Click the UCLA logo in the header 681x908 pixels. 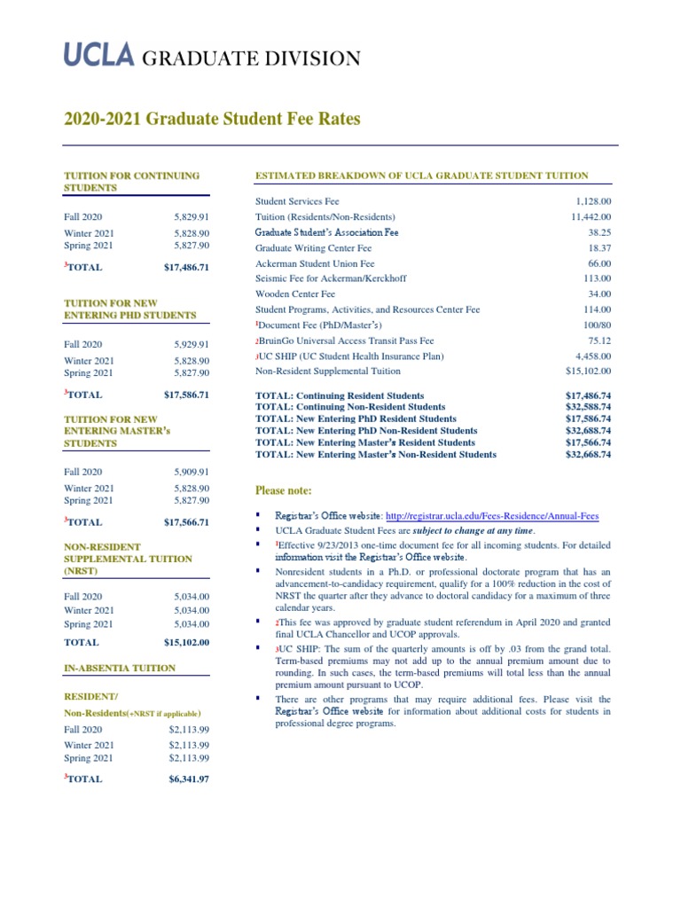point(98,58)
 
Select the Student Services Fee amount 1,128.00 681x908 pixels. point(590,201)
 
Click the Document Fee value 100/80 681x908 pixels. point(594,325)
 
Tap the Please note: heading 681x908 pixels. point(284,490)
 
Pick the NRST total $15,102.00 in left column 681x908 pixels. point(186,642)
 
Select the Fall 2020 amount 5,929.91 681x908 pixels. point(191,345)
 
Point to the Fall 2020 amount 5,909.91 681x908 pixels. point(191,472)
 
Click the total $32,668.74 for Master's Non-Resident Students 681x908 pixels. point(588,455)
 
